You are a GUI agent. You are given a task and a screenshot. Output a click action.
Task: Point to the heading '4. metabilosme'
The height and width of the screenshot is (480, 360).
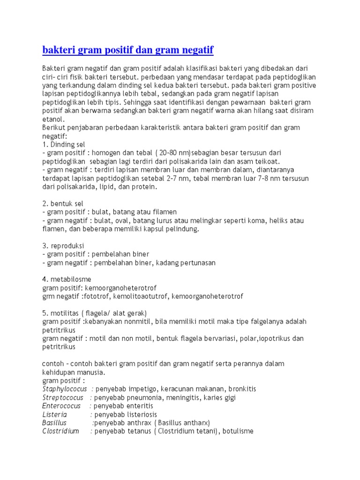pyautogui.click(x=67, y=279)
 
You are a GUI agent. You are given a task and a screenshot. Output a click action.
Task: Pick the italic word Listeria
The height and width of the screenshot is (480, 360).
pyautogui.click(x=54, y=414)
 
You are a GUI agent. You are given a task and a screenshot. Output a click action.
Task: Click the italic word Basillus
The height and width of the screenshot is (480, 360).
pyautogui.click(x=54, y=423)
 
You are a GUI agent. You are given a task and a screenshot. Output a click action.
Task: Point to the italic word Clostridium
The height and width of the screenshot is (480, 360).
pyautogui.click(x=60, y=431)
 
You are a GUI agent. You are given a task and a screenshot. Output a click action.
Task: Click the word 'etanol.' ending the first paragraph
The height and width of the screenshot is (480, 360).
pyautogui.click(x=52, y=119)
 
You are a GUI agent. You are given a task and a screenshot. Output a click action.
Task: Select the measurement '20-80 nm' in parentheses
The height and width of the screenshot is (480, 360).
pyautogui.click(x=173, y=153)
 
